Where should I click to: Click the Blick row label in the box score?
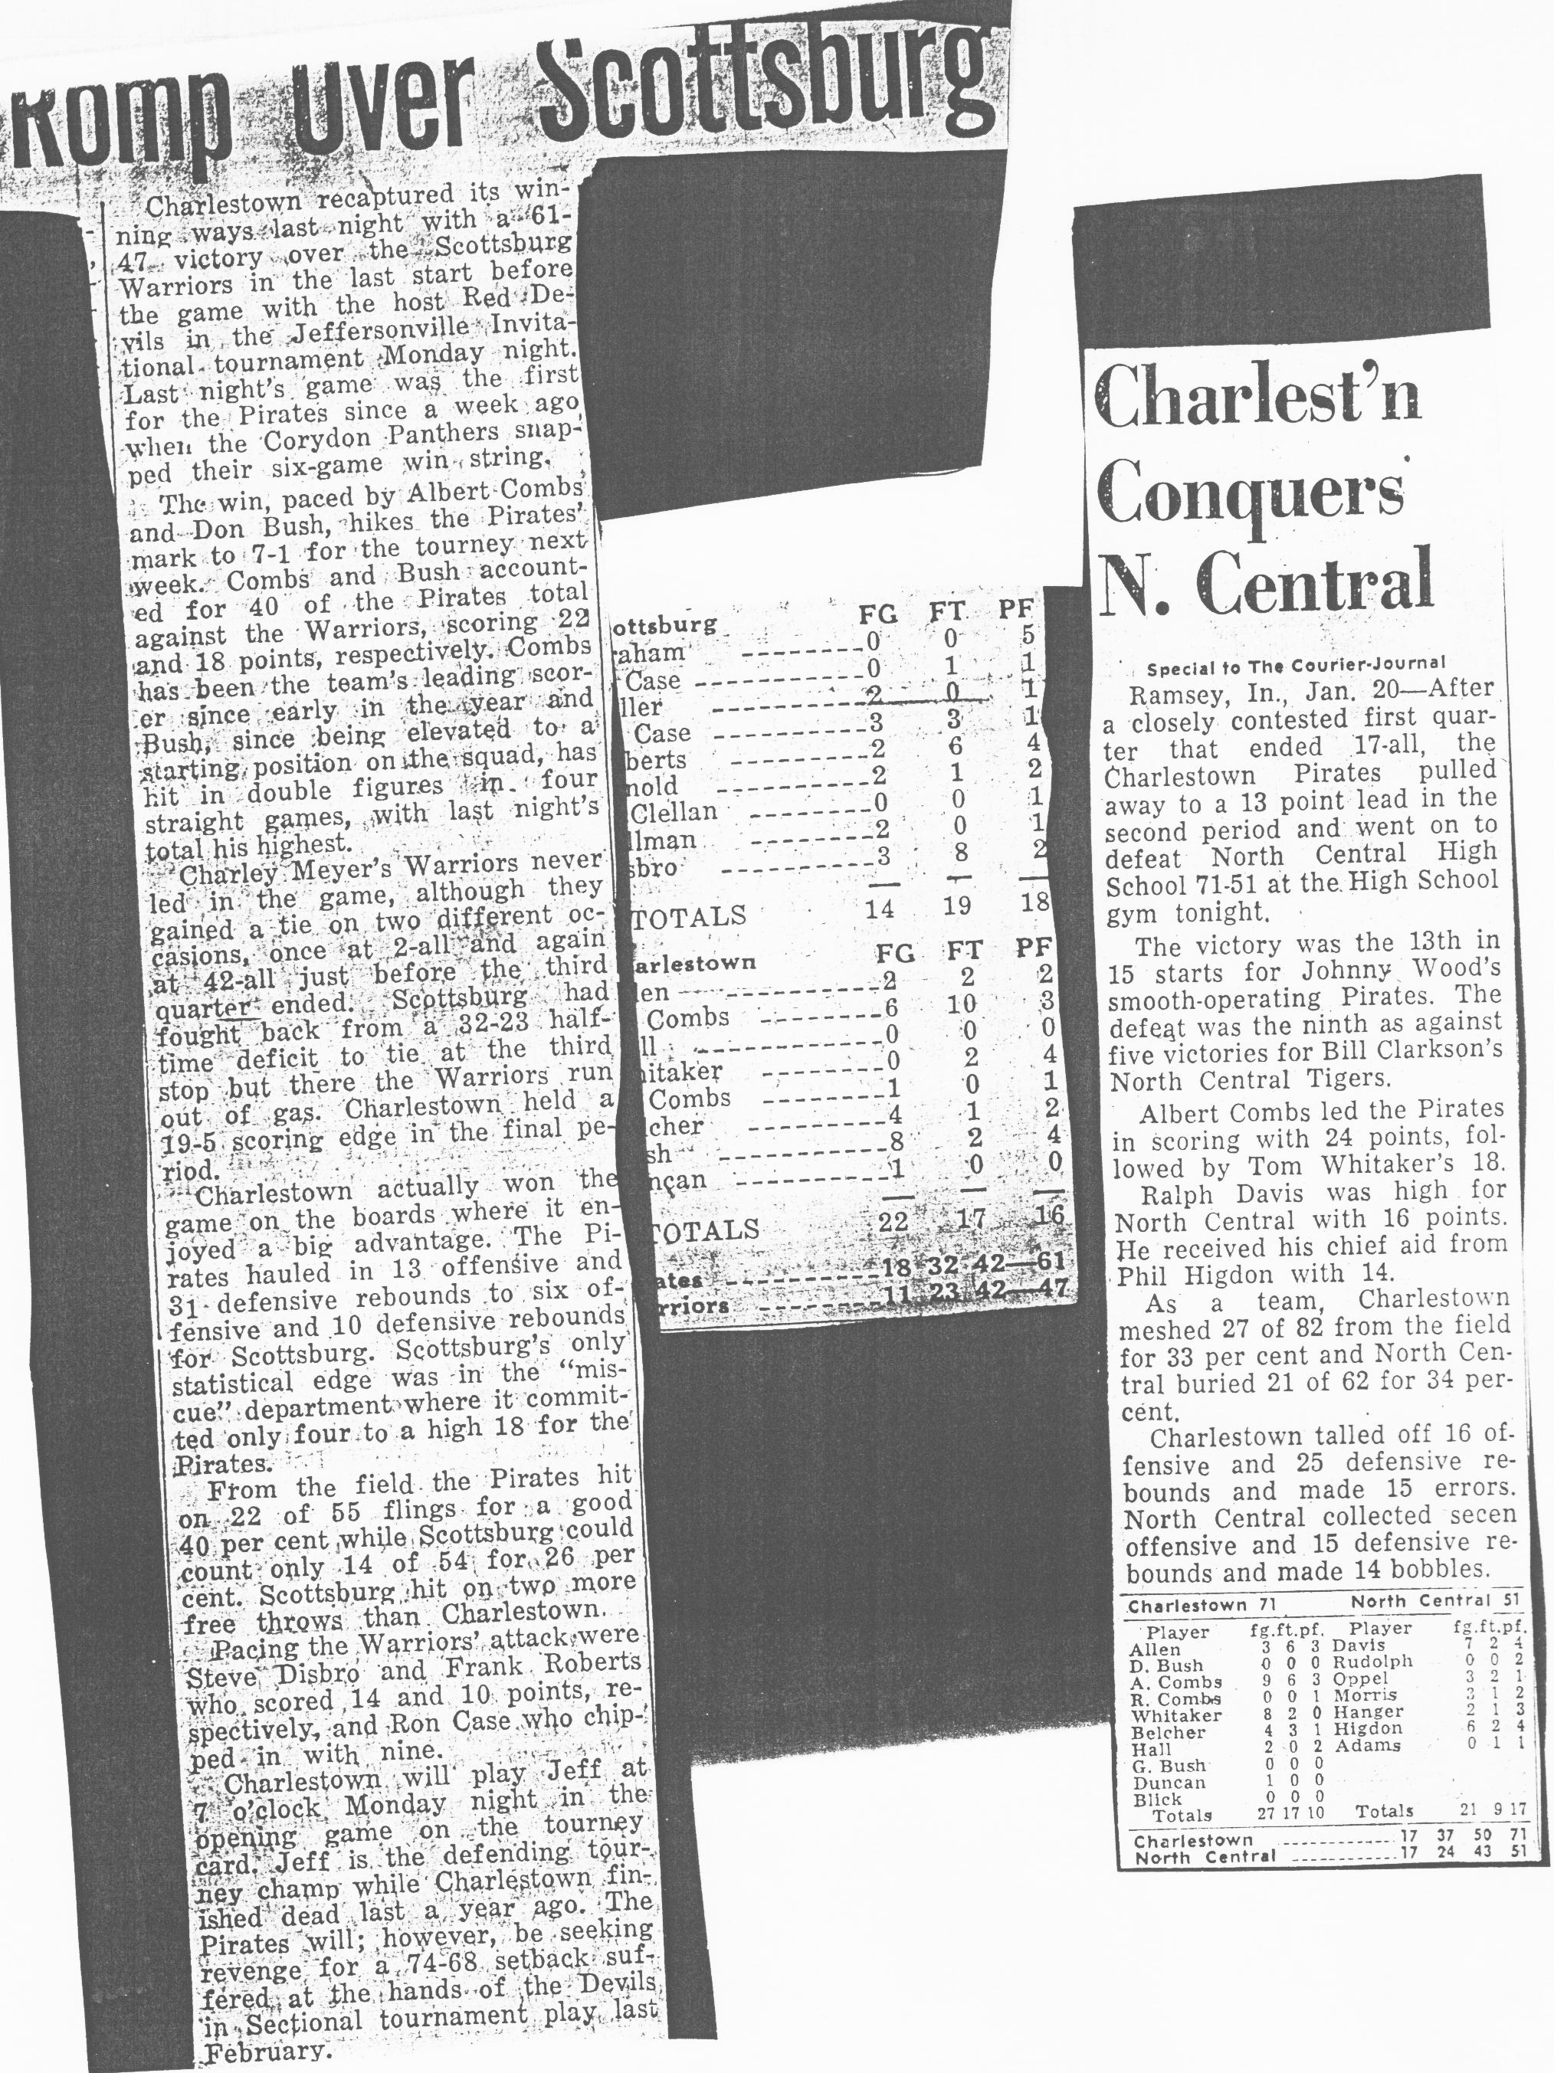click(x=1156, y=1799)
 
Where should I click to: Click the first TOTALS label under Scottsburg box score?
click(x=681, y=915)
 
